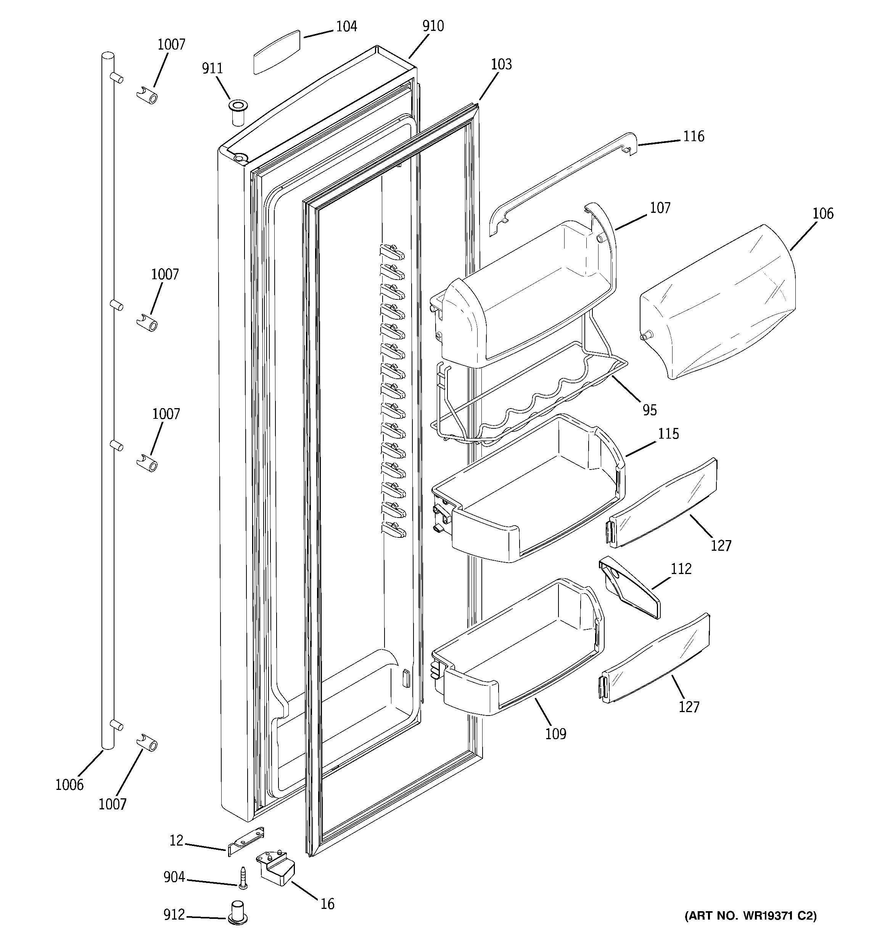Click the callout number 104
click(x=346, y=27)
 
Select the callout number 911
click(x=212, y=69)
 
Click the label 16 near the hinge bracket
click(x=327, y=904)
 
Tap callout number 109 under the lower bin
click(x=555, y=734)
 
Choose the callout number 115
click(x=668, y=434)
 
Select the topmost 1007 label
click(x=171, y=45)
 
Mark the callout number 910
click(x=433, y=26)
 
